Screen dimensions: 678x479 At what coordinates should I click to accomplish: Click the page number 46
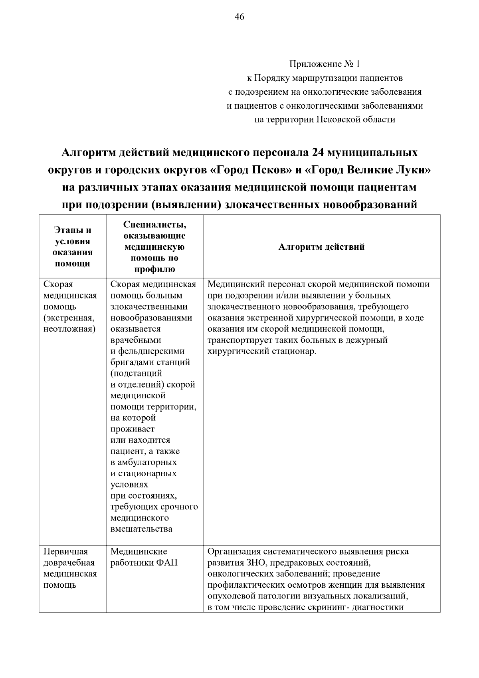click(239, 17)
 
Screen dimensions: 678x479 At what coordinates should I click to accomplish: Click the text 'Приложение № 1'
click(325, 64)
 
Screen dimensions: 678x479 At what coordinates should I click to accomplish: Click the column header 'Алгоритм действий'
click(321, 247)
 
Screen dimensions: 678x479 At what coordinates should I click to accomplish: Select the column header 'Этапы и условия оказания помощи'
click(72, 247)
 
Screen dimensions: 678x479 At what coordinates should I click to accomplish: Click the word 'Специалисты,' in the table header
click(154, 225)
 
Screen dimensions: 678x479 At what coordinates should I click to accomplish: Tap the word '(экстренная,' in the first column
click(69, 318)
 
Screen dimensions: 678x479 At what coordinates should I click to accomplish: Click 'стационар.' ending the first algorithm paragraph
click(295, 352)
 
